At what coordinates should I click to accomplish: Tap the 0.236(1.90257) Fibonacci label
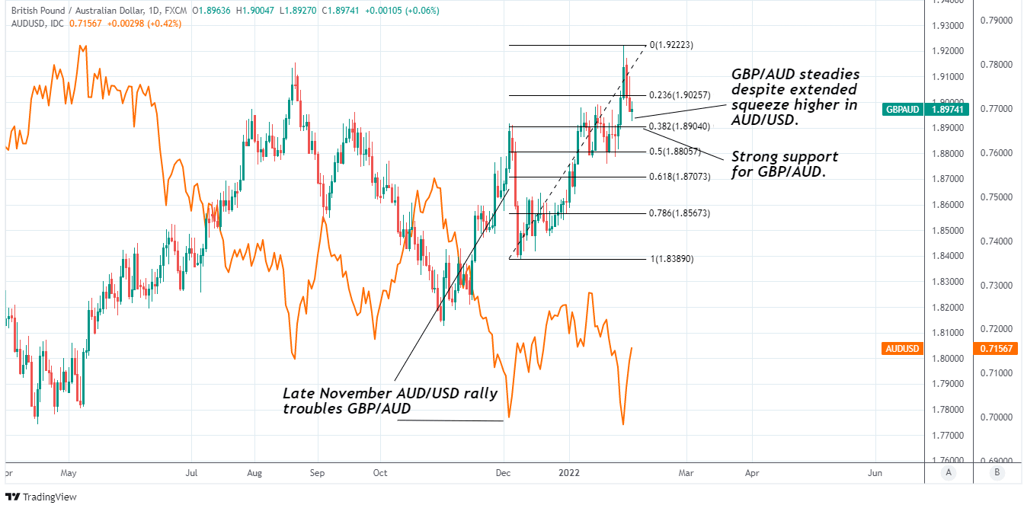(x=680, y=95)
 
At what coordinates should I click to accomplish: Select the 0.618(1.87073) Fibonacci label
(x=680, y=177)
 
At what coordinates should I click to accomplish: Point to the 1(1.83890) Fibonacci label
(x=672, y=259)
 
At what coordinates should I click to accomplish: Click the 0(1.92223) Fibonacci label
(x=671, y=45)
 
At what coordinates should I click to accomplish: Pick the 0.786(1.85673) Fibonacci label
(x=680, y=213)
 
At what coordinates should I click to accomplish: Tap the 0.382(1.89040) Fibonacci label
(x=680, y=126)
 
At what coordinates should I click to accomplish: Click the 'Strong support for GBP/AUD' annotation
(x=784, y=164)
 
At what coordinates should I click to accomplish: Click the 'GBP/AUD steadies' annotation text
(x=795, y=97)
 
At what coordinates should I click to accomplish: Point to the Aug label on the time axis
(x=254, y=473)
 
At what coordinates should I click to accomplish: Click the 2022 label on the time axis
(x=570, y=473)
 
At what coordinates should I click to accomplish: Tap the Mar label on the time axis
(x=686, y=473)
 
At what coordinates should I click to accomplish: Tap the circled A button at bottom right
(x=949, y=472)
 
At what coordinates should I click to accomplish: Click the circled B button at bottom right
(x=997, y=472)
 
